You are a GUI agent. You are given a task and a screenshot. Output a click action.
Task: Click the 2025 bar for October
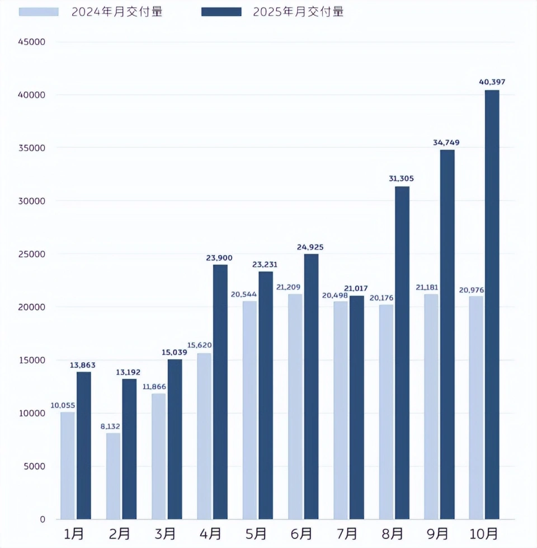tap(492, 305)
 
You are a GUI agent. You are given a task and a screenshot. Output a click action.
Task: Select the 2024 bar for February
tap(113, 476)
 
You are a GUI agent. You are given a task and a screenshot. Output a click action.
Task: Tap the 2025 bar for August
tap(402, 353)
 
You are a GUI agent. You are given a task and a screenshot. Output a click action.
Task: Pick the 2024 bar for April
tap(204, 436)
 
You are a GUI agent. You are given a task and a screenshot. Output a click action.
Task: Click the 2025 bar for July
tap(356, 407)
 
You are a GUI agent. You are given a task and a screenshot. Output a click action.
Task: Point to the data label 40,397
tap(492, 82)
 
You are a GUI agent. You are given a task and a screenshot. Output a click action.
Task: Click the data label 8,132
tap(111, 427)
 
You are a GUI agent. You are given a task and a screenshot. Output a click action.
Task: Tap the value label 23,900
tap(219, 257)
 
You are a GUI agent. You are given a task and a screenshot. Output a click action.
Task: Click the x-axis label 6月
tap(302, 533)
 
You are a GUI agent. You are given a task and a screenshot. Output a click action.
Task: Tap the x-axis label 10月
tap(484, 533)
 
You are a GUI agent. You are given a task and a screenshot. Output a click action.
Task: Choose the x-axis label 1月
tap(75, 533)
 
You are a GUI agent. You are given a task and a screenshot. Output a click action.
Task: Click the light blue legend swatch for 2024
tap(39, 12)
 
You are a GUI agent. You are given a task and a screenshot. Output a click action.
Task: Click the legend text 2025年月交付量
tap(298, 12)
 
